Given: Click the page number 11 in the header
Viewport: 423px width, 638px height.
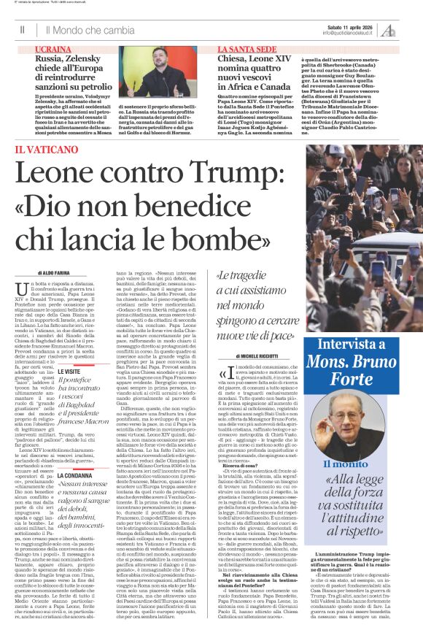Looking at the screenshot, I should [x=23, y=30].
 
